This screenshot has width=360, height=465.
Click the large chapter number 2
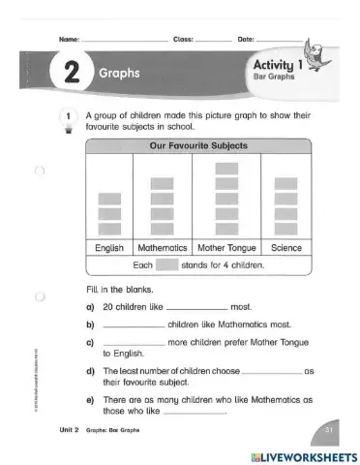pyautogui.click(x=69, y=74)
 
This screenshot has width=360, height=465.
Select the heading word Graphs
pyautogui.click(x=119, y=74)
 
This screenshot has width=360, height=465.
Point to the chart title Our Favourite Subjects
pyautogui.click(x=198, y=146)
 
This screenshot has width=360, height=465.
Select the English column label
pyautogui.click(x=109, y=247)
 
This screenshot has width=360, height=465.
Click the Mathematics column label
pyautogui.click(x=162, y=247)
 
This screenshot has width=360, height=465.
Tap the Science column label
pyautogui.click(x=286, y=247)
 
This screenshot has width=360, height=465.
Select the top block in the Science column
pyautogui.click(x=286, y=183)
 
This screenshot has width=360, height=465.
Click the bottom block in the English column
pyautogui.click(x=109, y=229)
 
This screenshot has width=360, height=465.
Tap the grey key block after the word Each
pyautogui.click(x=166, y=263)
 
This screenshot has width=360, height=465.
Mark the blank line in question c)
pyautogui.click(x=133, y=342)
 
